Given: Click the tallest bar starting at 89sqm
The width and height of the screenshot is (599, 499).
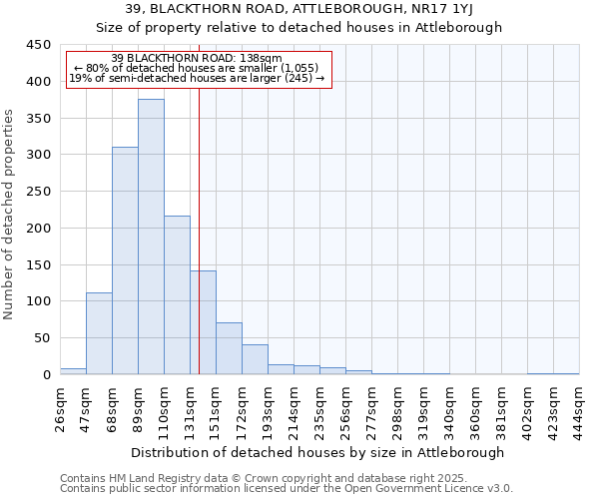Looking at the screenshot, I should coord(151,237).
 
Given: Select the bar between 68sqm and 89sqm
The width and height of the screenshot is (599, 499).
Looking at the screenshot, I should coord(125,260).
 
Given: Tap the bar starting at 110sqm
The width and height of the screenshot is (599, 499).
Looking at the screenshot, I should coord(177,295).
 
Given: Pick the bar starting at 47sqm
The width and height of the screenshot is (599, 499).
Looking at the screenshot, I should coord(99,333).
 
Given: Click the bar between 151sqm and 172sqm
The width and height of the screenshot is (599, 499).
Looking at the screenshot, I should coord(229,348).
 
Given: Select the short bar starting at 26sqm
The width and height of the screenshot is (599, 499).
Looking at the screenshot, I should coord(73,371).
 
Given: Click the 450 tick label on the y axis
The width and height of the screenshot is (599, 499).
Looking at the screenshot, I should coord(39,45).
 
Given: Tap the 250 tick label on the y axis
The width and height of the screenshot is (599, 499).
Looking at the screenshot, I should coord(39,192).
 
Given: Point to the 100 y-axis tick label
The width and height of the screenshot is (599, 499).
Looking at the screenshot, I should coord(39,301).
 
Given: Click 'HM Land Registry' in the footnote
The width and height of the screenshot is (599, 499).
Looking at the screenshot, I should coord(152,478).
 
